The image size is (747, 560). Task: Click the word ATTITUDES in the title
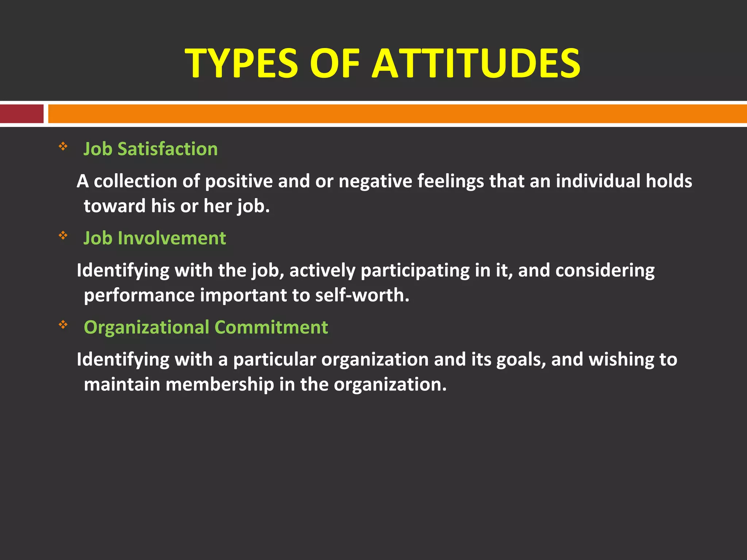tap(476, 63)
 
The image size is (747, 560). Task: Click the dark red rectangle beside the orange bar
tap(22, 114)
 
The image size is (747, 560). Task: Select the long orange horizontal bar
tap(397, 114)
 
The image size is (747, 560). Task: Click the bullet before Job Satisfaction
tap(63, 147)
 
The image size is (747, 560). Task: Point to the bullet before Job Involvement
tap(63, 236)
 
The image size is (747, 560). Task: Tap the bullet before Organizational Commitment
tap(63, 324)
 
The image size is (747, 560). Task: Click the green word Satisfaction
tap(167, 149)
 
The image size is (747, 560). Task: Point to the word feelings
tap(450, 181)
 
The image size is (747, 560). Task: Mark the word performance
tap(139, 295)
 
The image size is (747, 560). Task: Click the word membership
tap(220, 384)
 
